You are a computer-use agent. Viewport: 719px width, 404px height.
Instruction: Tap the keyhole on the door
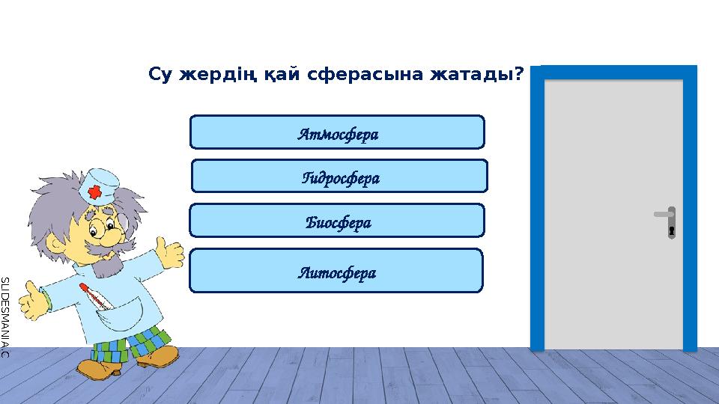point(672,230)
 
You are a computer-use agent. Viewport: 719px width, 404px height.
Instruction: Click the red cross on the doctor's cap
point(94,193)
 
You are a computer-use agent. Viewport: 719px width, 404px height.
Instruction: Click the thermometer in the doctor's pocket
point(94,296)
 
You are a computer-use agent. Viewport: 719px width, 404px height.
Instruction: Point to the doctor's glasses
point(101,224)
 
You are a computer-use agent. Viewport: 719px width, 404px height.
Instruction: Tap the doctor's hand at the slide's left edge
point(32,303)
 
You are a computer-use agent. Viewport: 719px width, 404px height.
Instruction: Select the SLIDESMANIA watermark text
point(4,315)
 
